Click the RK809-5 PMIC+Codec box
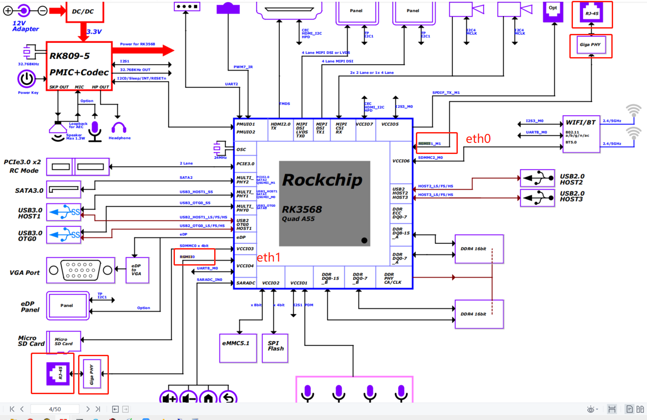click(x=79, y=66)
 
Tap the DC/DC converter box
click(x=83, y=11)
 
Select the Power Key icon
click(x=27, y=79)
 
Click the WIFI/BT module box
click(x=581, y=133)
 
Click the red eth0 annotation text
click(x=478, y=139)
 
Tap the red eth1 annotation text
click(x=269, y=257)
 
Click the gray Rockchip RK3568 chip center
click(x=324, y=204)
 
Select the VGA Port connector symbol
click(x=80, y=270)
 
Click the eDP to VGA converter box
click(x=137, y=270)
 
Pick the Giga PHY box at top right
click(x=591, y=45)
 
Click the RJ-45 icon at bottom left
click(x=58, y=374)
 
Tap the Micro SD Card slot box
click(x=64, y=342)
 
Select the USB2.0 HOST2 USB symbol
click(x=538, y=178)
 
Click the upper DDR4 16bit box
click(x=479, y=249)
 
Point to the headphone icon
click(x=119, y=129)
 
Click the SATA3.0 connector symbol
click(x=64, y=189)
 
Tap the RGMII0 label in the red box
click(x=187, y=257)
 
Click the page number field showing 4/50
click(x=55, y=409)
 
